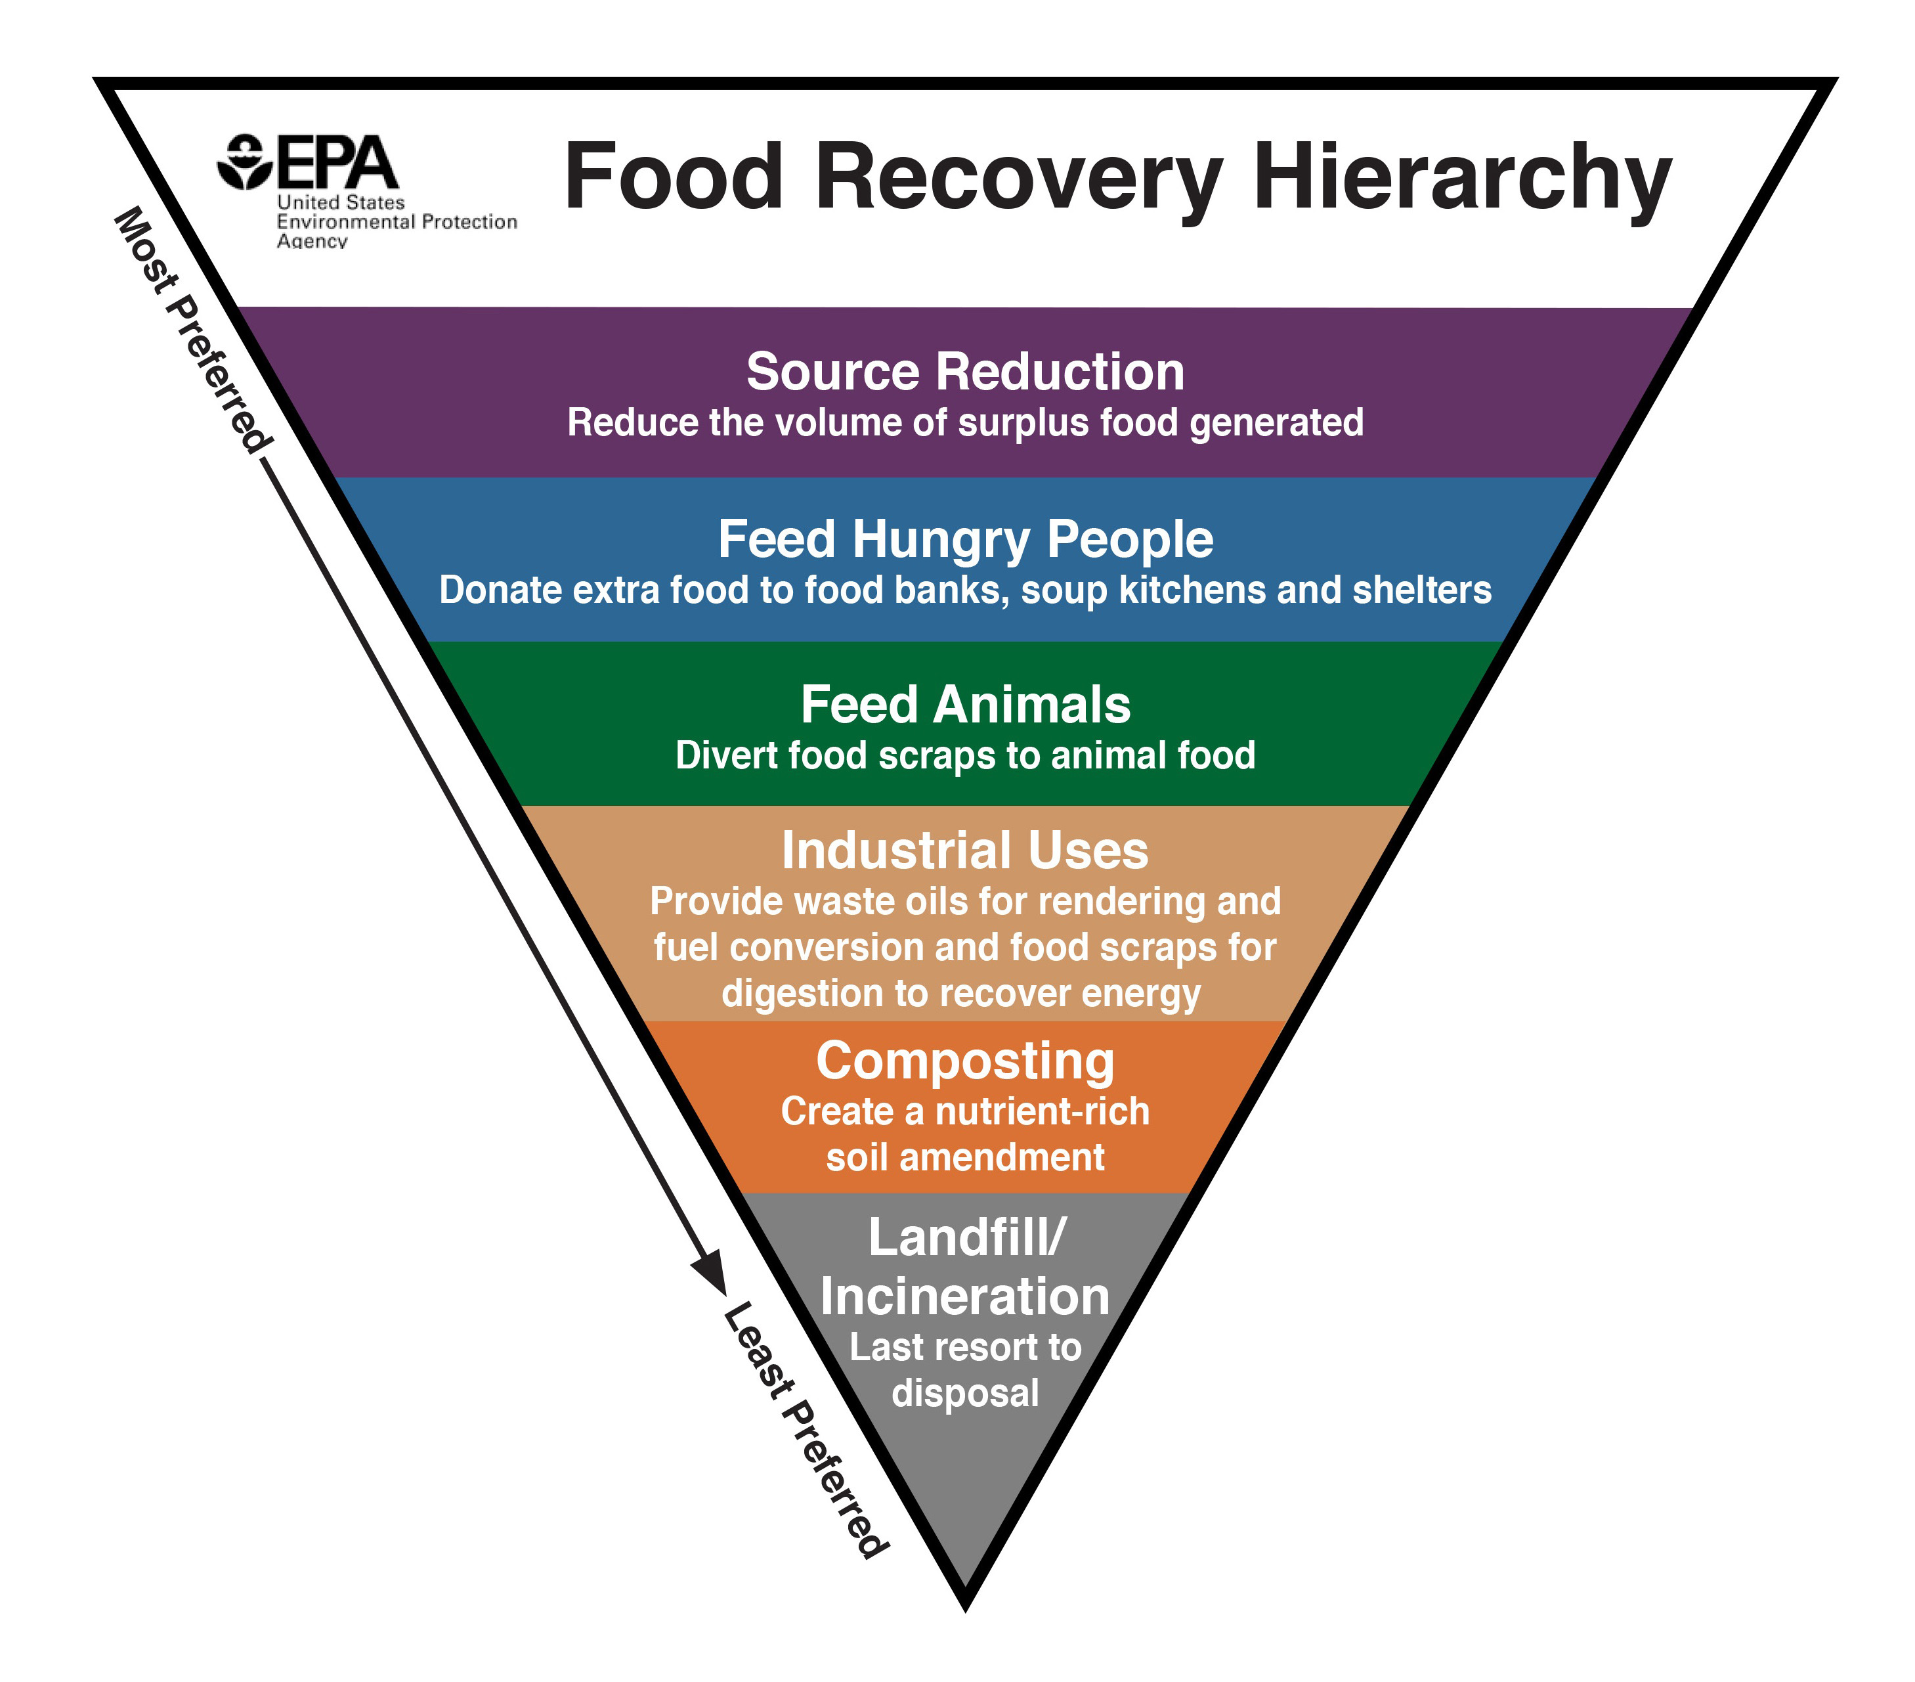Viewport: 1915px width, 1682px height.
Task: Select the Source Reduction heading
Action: coord(965,371)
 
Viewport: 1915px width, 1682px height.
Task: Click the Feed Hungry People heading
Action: coord(965,540)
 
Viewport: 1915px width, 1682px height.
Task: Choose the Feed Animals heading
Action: coord(965,705)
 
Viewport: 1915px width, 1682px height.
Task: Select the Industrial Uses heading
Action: coord(965,851)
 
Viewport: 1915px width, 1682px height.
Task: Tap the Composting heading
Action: coord(965,1061)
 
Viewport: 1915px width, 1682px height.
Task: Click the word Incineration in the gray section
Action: coord(965,1297)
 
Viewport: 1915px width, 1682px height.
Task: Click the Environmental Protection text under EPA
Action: coord(397,222)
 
